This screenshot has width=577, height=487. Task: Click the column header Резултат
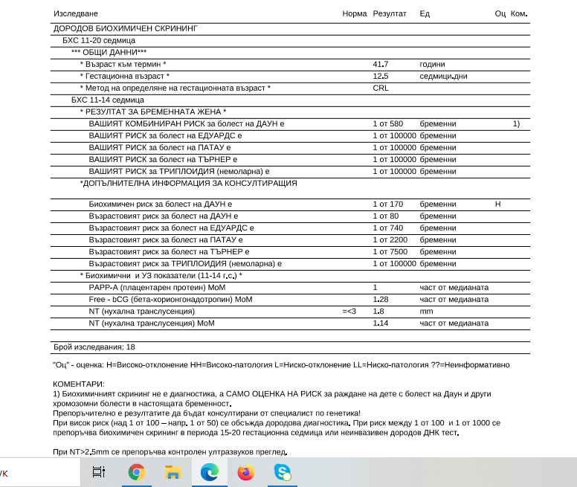pos(390,14)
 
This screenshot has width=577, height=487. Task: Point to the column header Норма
pos(355,14)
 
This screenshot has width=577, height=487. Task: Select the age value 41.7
pos(380,65)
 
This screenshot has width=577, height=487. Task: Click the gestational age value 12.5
pos(380,77)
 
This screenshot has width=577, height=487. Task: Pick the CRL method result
pos(380,88)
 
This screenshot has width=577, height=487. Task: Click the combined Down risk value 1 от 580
pos(387,123)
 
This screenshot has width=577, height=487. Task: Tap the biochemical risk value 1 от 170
pos(387,204)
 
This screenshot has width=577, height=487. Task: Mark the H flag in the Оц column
pos(498,204)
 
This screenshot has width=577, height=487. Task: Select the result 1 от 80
pos(385,216)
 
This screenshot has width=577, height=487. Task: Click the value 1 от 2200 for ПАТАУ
pos(390,240)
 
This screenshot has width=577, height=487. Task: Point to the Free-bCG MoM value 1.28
pos(380,300)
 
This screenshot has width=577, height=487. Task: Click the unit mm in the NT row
pos(426,312)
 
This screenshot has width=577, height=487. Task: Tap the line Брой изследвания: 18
pos(94,347)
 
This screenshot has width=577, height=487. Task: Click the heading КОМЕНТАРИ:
pos(79,384)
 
